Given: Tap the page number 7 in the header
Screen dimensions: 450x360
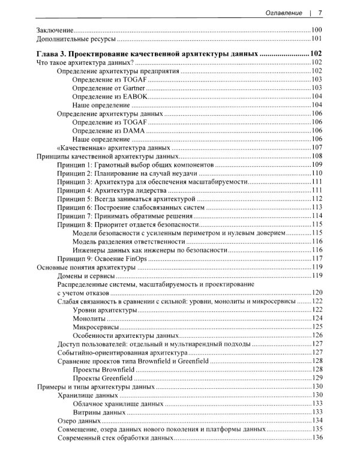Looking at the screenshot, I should coord(321,12).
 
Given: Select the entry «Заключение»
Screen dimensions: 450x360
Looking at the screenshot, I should coord(55,30).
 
